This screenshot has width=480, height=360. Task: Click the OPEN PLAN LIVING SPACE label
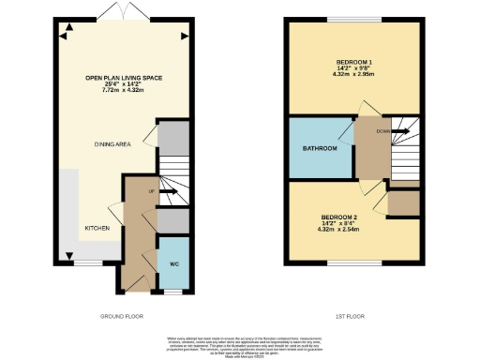pyautogui.click(x=120, y=80)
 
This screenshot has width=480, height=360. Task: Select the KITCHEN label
pyautogui.click(x=97, y=228)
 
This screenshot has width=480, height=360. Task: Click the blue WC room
pyautogui.click(x=174, y=264)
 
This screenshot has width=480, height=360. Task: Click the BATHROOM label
pyautogui.click(x=320, y=149)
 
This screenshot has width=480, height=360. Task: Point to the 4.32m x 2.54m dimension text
pyautogui.click(x=338, y=230)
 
